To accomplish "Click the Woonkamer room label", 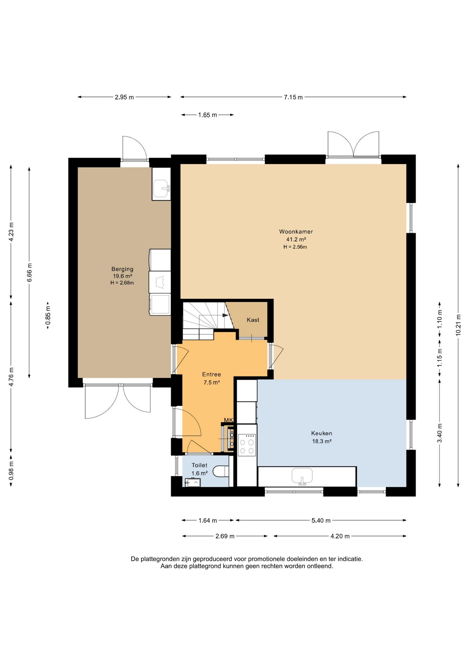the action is [296, 232].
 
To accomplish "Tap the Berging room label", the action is [122, 269].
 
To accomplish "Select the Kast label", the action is [253, 320].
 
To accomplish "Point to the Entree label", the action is [211, 374].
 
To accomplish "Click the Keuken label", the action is [322, 433].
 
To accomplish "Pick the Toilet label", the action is [200, 465].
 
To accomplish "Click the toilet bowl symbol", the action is [221, 471].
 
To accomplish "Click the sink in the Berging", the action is [162, 188].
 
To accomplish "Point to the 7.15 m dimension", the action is [293, 97].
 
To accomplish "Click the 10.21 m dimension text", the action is [458, 325].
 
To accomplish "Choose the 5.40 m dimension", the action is [321, 520].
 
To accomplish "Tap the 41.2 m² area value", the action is [296, 239].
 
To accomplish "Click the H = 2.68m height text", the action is [122, 283].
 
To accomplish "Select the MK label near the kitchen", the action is [228, 420].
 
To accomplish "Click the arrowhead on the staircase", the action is [226, 315].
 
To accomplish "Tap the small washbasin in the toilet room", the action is [193, 482].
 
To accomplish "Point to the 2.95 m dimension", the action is [124, 97].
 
